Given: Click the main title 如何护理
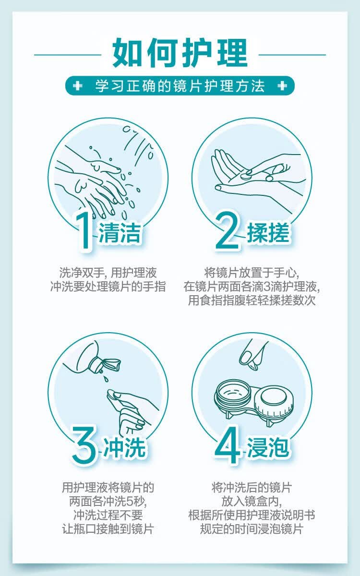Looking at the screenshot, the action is point(180,53).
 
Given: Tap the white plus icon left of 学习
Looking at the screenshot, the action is point(77,85).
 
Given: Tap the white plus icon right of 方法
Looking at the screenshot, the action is point(282,85).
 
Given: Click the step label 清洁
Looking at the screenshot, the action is point(120,233).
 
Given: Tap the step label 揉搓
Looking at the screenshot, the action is point(268,233).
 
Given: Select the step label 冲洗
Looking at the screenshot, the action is point(124,447).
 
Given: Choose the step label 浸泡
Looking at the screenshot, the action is point(268,447).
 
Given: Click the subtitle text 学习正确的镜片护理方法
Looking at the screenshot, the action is point(180,86).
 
